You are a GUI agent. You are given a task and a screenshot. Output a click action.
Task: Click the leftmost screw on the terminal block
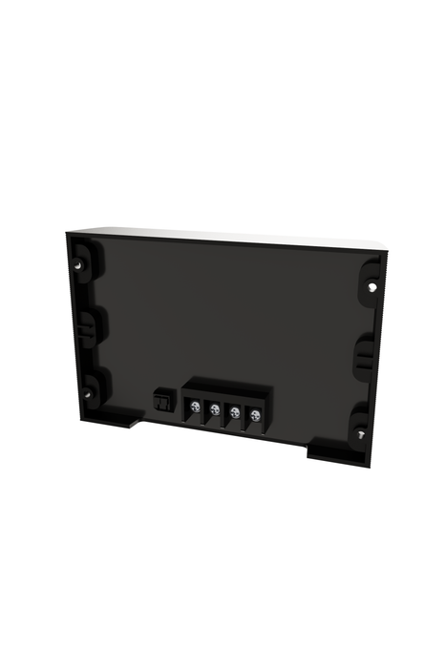pyautogui.click(x=195, y=408)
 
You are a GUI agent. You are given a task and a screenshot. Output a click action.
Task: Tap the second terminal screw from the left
pyautogui.click(x=215, y=411)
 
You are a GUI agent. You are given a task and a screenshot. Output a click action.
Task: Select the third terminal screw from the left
pyautogui.click(x=235, y=413)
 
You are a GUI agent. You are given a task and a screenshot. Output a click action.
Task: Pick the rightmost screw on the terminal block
pyautogui.click(x=255, y=415)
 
